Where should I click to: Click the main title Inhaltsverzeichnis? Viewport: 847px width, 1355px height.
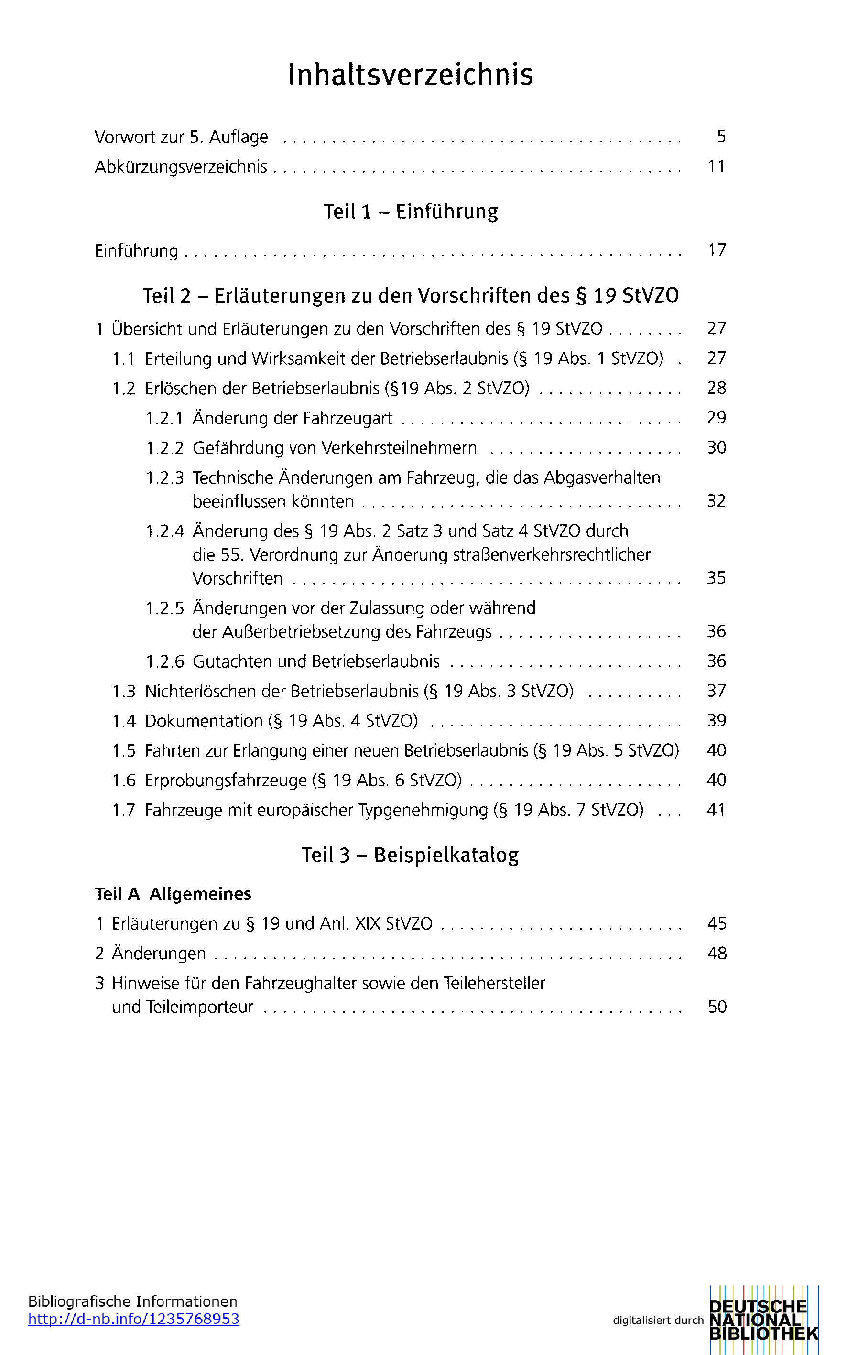pyautogui.click(x=411, y=75)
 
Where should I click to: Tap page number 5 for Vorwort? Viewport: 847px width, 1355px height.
pyautogui.click(x=720, y=137)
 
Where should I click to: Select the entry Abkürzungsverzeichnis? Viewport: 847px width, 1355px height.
pyautogui.click(x=180, y=167)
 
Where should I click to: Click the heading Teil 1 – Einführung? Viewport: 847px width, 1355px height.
pyautogui.click(x=411, y=212)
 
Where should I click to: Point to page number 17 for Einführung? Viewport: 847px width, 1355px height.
pyautogui.click(x=717, y=250)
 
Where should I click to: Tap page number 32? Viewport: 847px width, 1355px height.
pyautogui.click(x=716, y=501)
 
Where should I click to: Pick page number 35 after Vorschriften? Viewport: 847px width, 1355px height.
pyautogui.click(x=716, y=578)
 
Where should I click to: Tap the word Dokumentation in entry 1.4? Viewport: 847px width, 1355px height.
pyautogui.click(x=203, y=721)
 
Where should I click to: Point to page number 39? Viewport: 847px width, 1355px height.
pyautogui.click(x=716, y=720)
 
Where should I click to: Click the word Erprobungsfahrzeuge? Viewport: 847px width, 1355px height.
pyautogui.click(x=225, y=780)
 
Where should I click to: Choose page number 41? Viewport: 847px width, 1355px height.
pyautogui.click(x=716, y=810)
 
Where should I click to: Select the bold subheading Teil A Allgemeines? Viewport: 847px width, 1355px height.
pyautogui.click(x=173, y=894)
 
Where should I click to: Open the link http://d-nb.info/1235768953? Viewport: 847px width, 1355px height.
pyautogui.click(x=133, y=1319)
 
